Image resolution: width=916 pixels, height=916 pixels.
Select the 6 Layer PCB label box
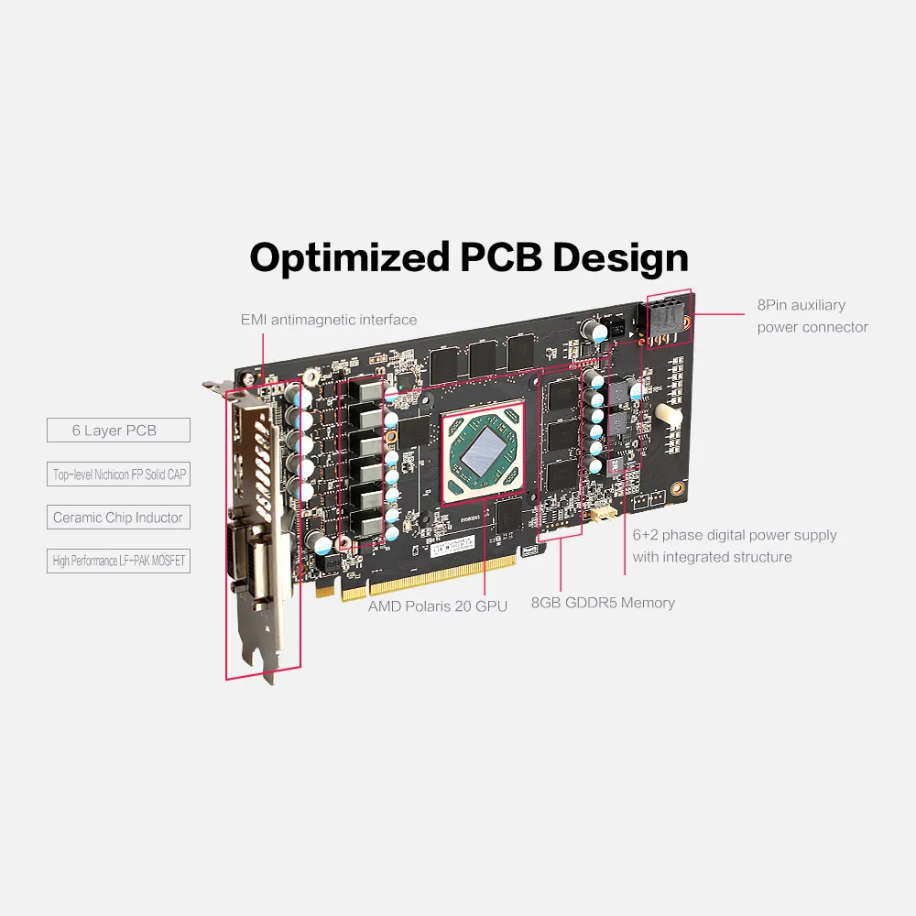pos(118,430)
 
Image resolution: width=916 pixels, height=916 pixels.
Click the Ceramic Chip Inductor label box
pos(118,518)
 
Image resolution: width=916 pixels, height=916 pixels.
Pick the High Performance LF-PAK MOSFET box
pos(118,561)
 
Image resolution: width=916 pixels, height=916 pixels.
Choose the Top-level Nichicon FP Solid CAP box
pos(118,474)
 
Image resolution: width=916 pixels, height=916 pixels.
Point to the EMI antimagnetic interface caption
pos(328,320)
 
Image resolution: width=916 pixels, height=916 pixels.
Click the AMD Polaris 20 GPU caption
pos(438,605)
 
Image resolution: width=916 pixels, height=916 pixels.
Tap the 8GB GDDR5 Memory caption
pos(603,603)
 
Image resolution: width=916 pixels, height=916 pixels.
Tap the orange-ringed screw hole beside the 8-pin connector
pos(686,322)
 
